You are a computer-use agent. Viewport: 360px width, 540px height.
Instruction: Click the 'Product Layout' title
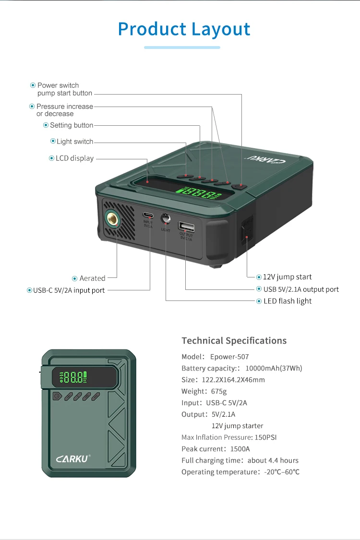pyautogui.click(x=184, y=29)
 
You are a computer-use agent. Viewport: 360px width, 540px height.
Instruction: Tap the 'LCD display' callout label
pyautogui.click(x=74, y=158)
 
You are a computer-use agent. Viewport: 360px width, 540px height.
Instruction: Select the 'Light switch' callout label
pyautogui.click(x=75, y=142)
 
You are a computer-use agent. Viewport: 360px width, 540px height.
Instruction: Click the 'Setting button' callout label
pyautogui.click(x=72, y=125)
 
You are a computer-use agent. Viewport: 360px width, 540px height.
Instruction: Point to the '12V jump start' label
pyautogui.click(x=287, y=277)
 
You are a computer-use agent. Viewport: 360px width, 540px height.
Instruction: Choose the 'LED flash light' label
pyautogui.click(x=288, y=301)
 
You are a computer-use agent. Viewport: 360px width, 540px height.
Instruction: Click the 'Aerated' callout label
pyautogui.click(x=92, y=278)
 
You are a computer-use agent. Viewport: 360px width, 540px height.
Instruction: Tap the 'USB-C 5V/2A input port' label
pyautogui.click(x=69, y=290)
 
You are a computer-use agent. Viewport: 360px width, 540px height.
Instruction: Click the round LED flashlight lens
pyautogui.click(x=166, y=218)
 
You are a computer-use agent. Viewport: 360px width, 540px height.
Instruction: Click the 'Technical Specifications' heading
pyautogui.click(x=234, y=341)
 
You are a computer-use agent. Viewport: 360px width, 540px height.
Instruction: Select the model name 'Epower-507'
pyautogui.click(x=229, y=357)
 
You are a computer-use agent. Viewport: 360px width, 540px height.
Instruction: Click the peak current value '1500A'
pyautogui.click(x=240, y=449)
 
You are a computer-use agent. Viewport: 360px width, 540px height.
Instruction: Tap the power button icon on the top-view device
pyautogui.click(x=57, y=396)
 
